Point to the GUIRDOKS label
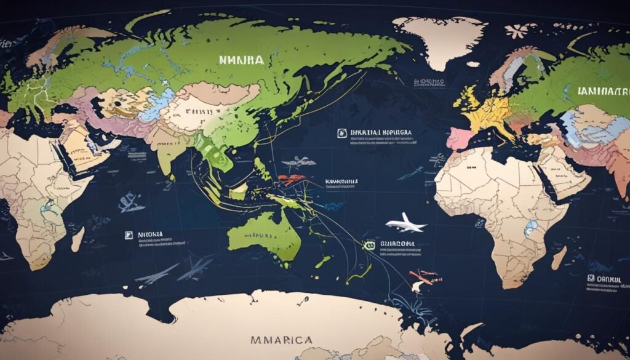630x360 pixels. coord(397,243)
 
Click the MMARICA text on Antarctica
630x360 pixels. coord(281,340)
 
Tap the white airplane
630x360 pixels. coord(405,224)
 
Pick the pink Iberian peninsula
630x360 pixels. coord(459,138)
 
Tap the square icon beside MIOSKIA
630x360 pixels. coord(129,234)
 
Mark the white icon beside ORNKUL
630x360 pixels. coord(589,278)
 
